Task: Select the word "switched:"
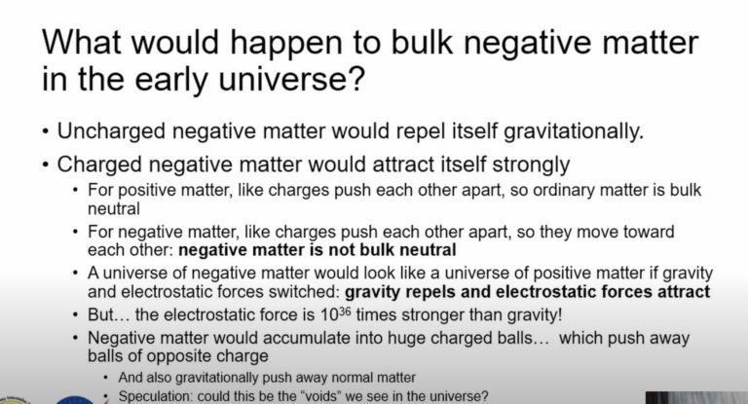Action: click(292, 291)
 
